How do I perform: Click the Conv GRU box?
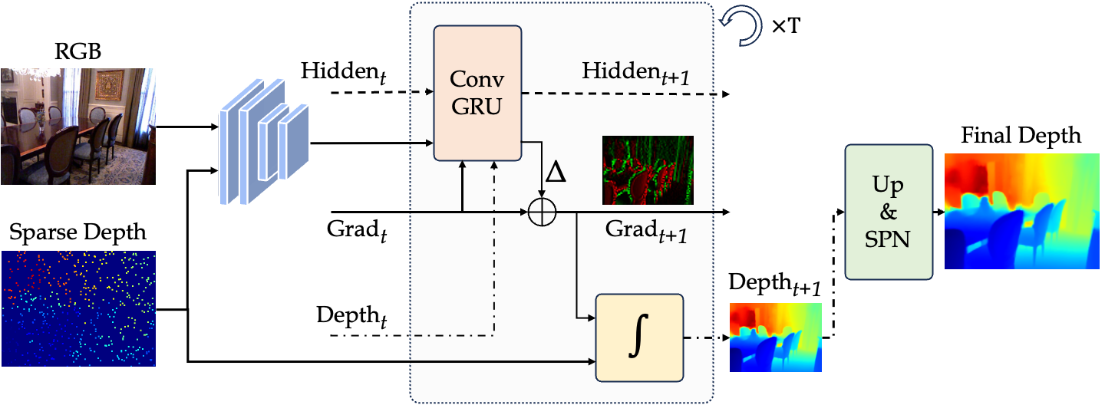point(477,93)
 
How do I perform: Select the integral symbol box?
point(638,337)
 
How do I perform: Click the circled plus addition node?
point(543,211)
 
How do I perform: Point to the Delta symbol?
point(555,173)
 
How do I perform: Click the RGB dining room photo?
point(78,127)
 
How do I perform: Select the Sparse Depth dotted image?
point(78,308)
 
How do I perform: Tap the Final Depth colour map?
point(1021,211)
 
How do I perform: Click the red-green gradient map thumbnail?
point(648,170)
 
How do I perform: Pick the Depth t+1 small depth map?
point(775,337)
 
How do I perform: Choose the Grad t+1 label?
point(645,230)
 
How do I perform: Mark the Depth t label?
point(351,317)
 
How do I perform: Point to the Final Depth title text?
point(1021,137)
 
